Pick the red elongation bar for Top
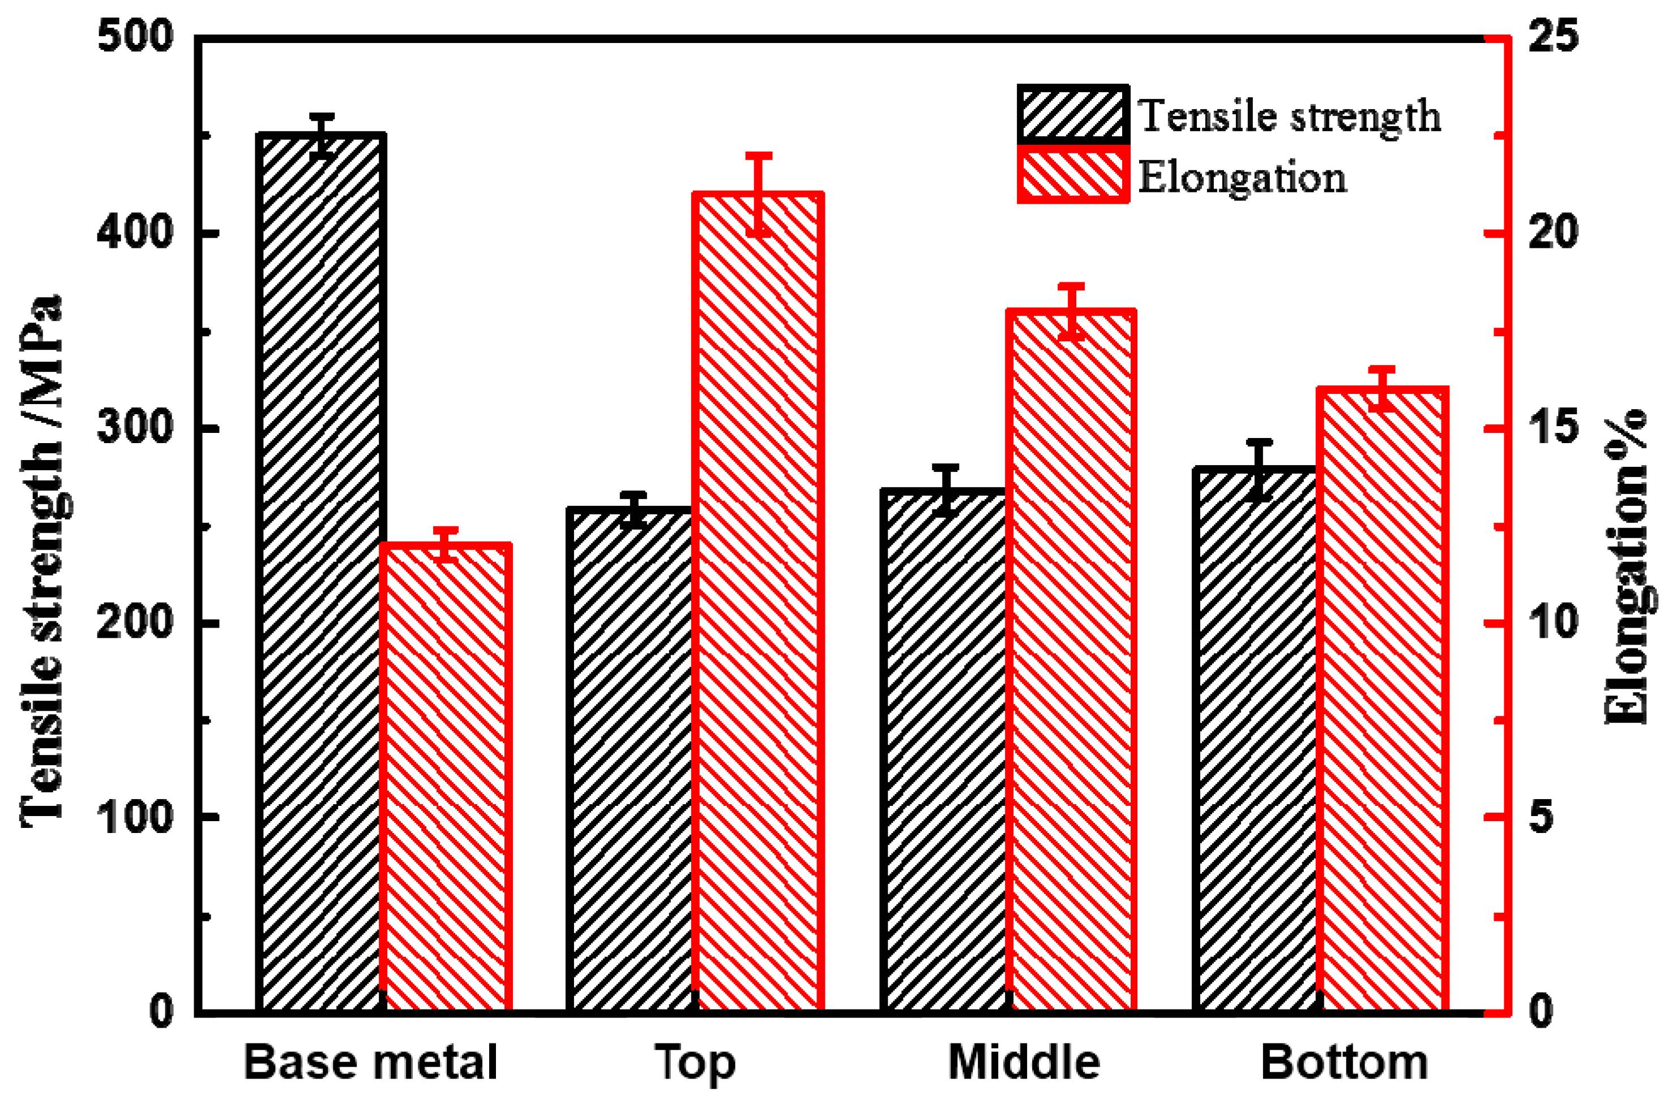pos(758,599)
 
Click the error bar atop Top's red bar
pos(759,194)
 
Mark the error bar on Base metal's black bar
pos(322,135)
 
